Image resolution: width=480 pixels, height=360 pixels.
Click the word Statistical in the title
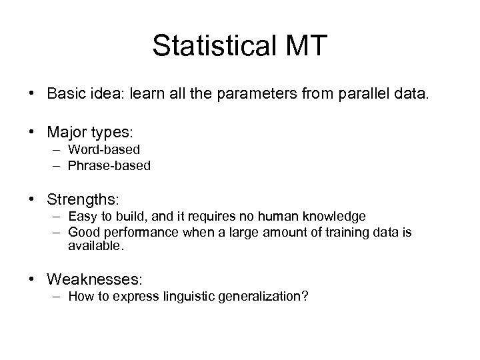(209, 46)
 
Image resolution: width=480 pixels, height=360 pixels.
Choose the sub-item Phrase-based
(109, 166)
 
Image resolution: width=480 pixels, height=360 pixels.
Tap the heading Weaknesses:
(92, 279)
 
